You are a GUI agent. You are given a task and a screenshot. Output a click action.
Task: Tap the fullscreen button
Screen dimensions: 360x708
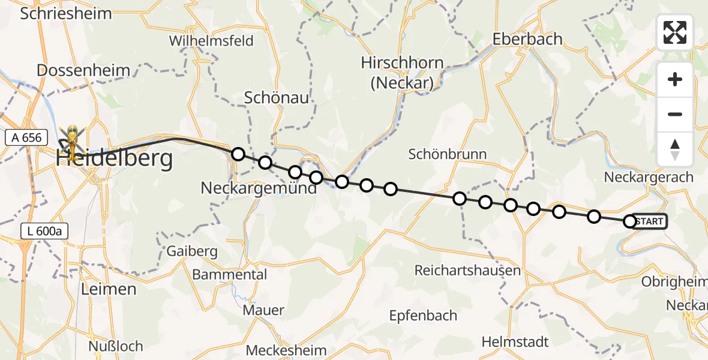tap(675, 32)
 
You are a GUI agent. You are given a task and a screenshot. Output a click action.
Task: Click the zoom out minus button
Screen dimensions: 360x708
tap(675, 114)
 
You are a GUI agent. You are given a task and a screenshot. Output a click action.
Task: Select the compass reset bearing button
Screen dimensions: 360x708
tap(675, 149)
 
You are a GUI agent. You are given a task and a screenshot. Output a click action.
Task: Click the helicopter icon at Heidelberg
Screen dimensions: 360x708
tap(71, 139)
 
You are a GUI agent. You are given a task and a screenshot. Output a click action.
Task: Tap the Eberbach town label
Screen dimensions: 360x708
tap(527, 40)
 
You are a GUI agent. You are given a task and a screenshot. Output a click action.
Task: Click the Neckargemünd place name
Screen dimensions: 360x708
tap(259, 188)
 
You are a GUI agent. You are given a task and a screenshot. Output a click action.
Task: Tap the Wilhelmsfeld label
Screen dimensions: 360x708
tap(211, 41)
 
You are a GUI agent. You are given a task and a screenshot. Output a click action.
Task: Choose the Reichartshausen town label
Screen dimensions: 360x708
tap(467, 271)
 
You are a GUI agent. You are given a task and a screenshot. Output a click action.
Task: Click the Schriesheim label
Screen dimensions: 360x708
tap(66, 14)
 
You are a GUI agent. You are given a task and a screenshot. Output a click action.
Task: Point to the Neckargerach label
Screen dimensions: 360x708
tap(649, 178)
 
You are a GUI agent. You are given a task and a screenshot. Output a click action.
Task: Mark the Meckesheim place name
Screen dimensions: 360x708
tap(287, 350)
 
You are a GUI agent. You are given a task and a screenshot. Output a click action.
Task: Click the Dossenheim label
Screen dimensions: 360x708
tap(83, 70)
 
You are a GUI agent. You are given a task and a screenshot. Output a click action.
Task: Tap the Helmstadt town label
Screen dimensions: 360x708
tap(515, 342)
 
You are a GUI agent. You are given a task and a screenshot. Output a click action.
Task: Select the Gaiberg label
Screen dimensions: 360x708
tap(193, 251)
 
